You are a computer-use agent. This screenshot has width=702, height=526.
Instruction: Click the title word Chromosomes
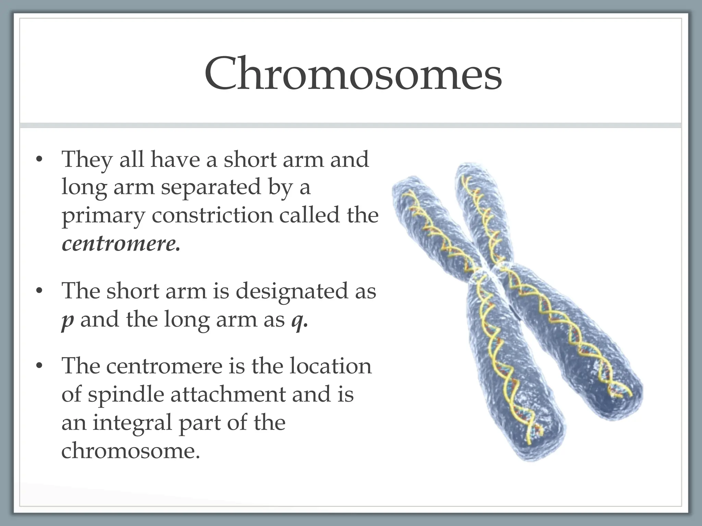pyautogui.click(x=353, y=74)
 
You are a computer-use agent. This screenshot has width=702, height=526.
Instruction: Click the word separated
pyautogui.click(x=211, y=188)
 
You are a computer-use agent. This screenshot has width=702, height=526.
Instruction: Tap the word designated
pyautogui.click(x=292, y=291)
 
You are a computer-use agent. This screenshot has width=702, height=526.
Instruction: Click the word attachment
pyautogui.click(x=228, y=394)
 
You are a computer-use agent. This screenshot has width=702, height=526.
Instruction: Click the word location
pyautogui.click(x=330, y=365)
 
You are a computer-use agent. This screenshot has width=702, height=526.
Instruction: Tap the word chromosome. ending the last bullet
pyautogui.click(x=131, y=450)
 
